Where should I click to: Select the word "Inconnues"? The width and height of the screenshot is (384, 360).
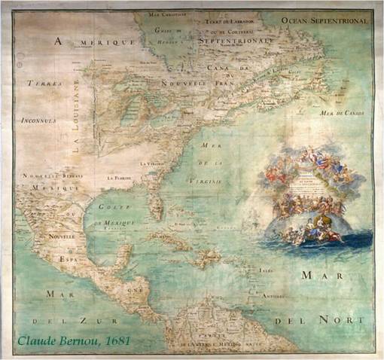pos(38,118)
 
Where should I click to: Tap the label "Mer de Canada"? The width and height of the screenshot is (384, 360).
pos(342,113)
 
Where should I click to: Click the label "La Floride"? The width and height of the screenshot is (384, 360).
pos(120,177)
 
